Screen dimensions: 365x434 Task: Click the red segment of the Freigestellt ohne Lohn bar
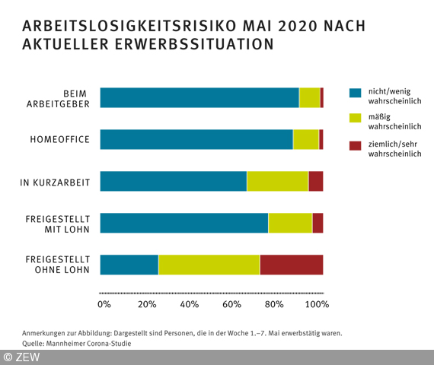[292, 264]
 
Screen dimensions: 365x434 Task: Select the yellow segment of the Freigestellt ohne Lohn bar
[209, 264]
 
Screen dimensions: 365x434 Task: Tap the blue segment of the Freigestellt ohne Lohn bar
[129, 264]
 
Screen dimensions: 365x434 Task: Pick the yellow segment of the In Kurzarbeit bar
[277, 181]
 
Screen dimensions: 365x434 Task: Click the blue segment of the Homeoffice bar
[196, 139]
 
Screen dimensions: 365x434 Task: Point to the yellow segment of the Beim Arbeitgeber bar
[309, 97]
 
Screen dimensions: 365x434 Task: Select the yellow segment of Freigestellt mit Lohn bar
[290, 223]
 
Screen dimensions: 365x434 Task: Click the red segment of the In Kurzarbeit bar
[315, 181]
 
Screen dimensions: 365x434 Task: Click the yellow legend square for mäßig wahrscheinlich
[354, 119]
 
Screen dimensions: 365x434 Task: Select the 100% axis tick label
[317, 304]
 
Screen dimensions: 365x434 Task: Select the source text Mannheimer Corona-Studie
[87, 343]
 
